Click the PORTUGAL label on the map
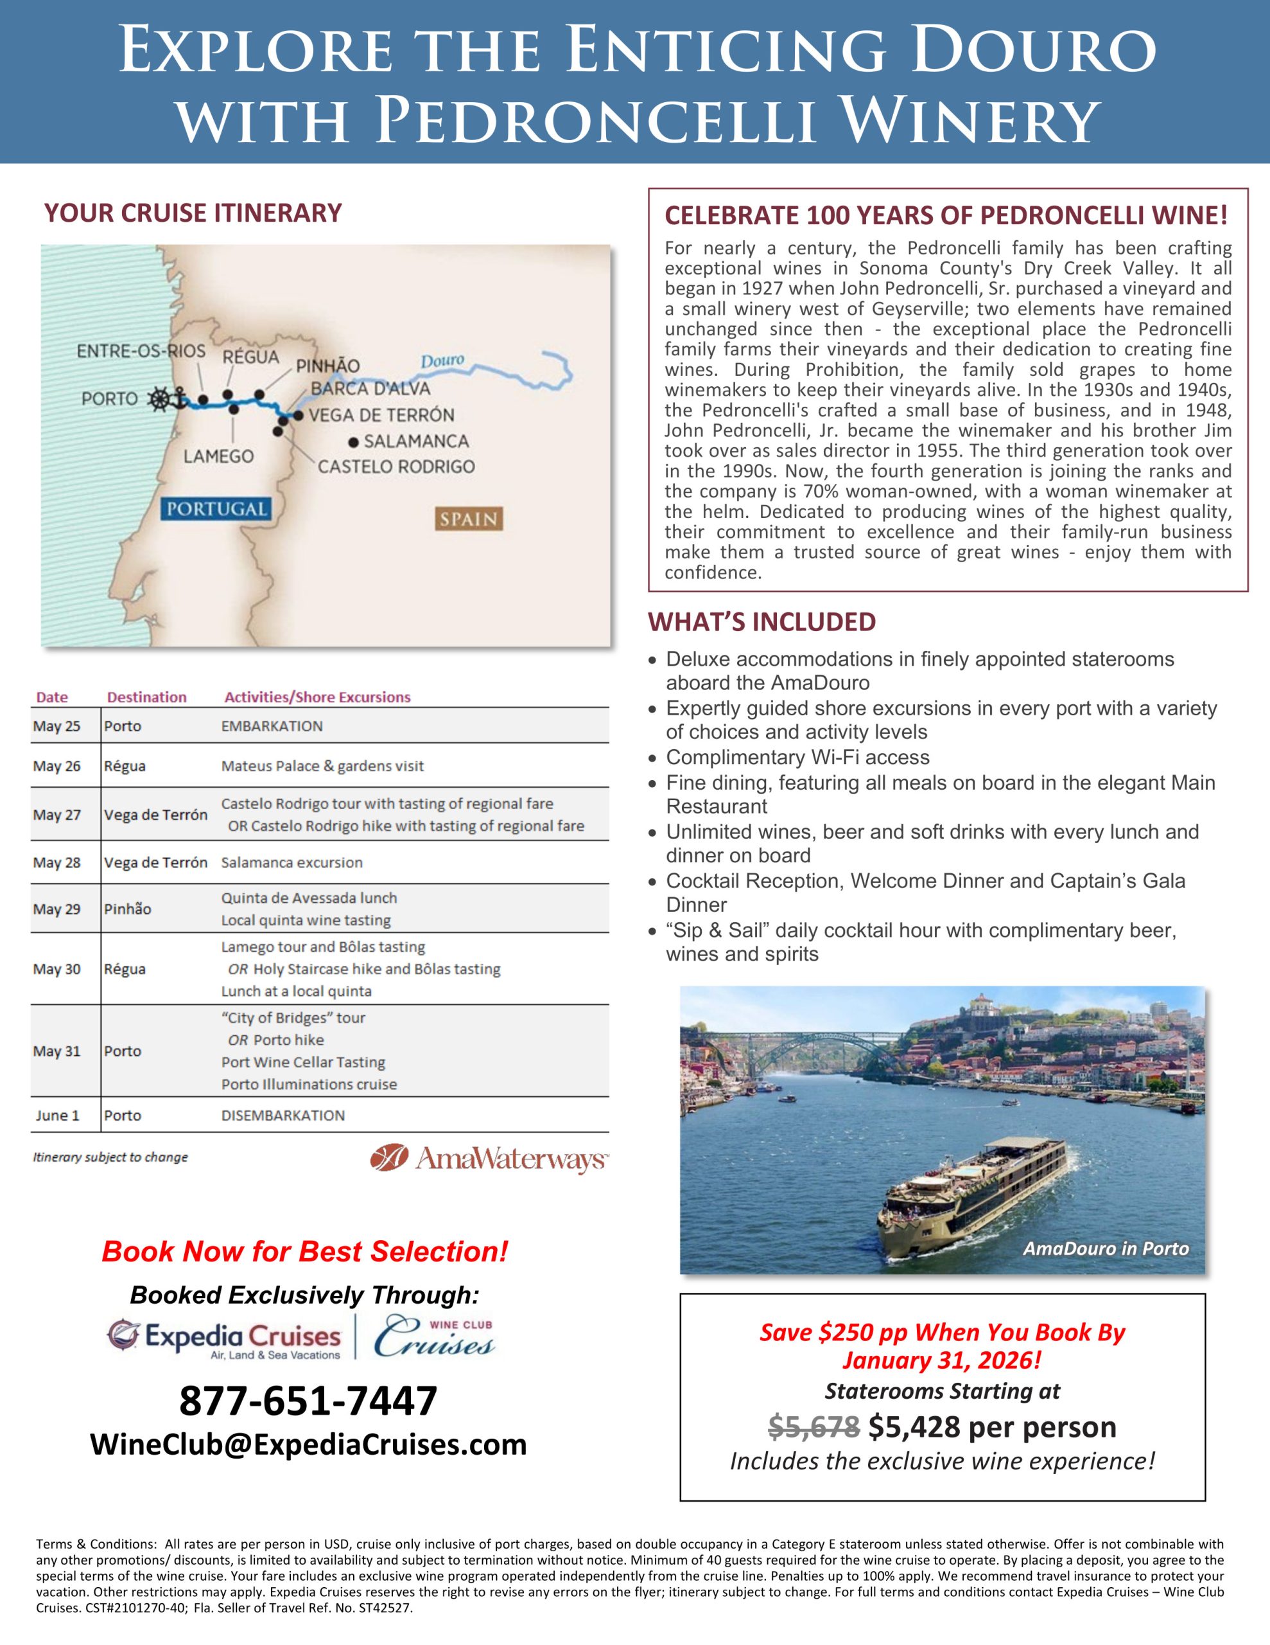pyautogui.click(x=216, y=509)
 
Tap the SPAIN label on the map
pyautogui.click(x=468, y=519)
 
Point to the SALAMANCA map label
pyautogui.click(x=415, y=441)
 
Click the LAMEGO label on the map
pyautogui.click(x=218, y=456)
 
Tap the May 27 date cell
pyautogui.click(x=57, y=815)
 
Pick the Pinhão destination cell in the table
pyautogui.click(x=127, y=909)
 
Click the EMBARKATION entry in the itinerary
pyautogui.click(x=272, y=726)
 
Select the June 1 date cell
pyautogui.click(x=57, y=1116)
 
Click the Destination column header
pyautogui.click(x=147, y=697)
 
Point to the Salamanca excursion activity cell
pyautogui.click(x=292, y=862)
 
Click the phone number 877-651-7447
pyautogui.click(x=308, y=1400)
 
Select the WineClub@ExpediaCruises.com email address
pyautogui.click(x=308, y=1445)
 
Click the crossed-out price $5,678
pyautogui.click(x=813, y=1427)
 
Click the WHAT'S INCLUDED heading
pyautogui.click(x=762, y=622)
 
